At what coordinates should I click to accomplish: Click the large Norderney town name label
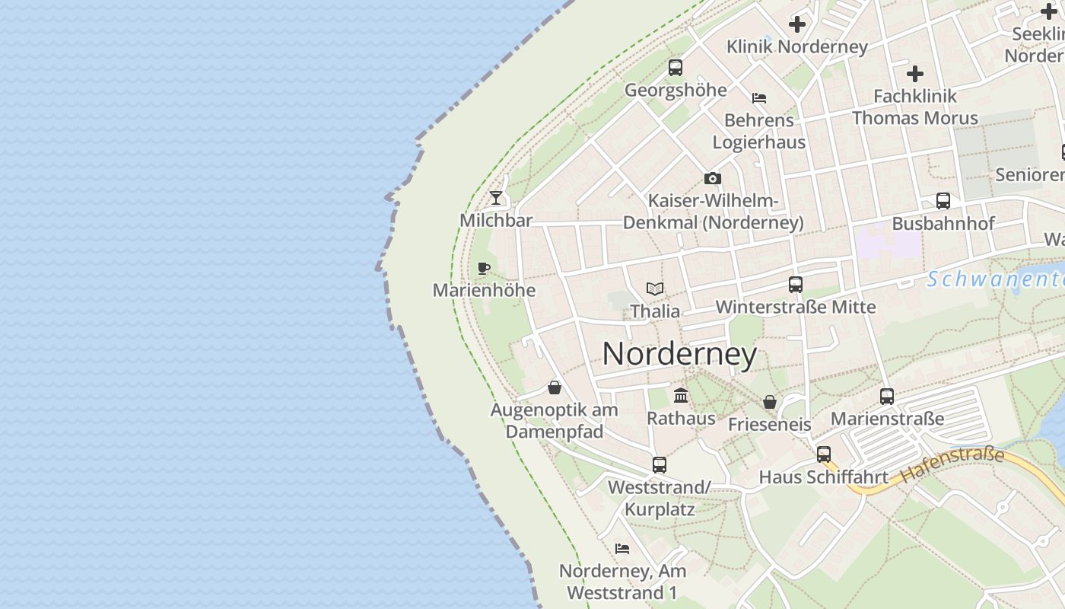[679, 354]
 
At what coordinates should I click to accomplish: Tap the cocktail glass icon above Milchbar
[496, 198]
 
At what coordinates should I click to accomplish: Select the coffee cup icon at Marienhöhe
[483, 268]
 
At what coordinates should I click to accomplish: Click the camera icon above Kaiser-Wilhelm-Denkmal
[713, 179]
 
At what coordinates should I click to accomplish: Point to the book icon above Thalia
[655, 289]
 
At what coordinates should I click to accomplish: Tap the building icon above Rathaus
[681, 396]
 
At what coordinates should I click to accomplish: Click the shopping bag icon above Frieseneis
[770, 402]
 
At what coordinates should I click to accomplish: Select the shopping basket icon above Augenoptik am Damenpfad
[555, 388]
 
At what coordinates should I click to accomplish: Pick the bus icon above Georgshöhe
[676, 68]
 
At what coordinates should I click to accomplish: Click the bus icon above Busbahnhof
[943, 201]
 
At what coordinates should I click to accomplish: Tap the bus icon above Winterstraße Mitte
[796, 285]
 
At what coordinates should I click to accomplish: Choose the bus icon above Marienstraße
[887, 397]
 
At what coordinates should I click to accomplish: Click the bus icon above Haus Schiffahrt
[824, 455]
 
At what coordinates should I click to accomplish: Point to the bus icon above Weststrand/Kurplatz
[660, 465]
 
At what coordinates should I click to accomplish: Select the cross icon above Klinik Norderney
[797, 24]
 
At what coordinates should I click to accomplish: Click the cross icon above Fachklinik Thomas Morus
[915, 74]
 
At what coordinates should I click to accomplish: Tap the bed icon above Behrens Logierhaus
[758, 98]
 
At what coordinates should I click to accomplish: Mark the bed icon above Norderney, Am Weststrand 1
[622, 549]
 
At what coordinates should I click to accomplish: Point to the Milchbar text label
[496, 221]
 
